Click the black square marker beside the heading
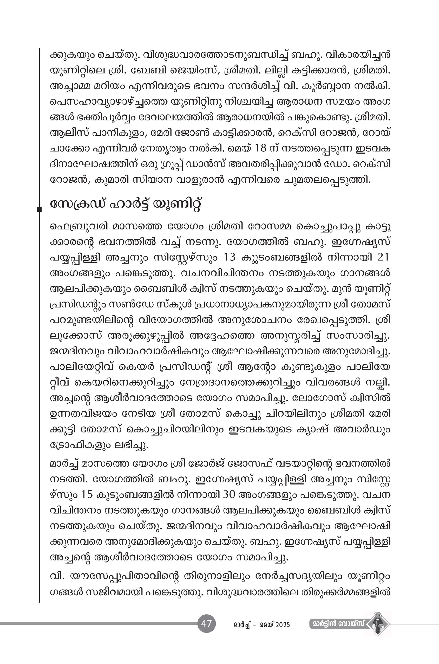click(40, 209)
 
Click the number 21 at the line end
click(383, 257)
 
